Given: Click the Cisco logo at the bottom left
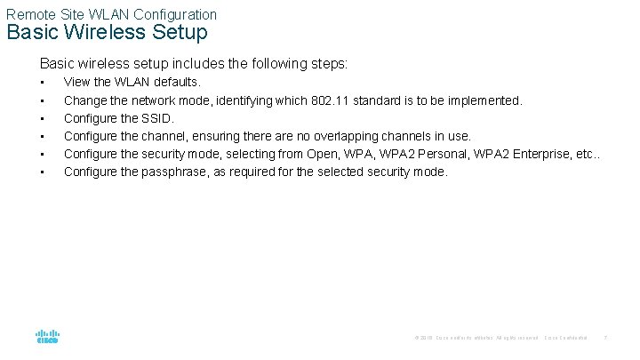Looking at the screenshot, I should pos(47,337).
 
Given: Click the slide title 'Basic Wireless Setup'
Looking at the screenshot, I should pos(107,33).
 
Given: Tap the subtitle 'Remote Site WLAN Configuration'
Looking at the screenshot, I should pos(111,13).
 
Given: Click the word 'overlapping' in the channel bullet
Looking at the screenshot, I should pos(344,136).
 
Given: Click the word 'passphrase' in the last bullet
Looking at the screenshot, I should pos(173,172).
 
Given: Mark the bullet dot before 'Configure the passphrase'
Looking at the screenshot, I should pos(42,172).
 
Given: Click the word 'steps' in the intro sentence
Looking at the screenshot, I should pos(329,64).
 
